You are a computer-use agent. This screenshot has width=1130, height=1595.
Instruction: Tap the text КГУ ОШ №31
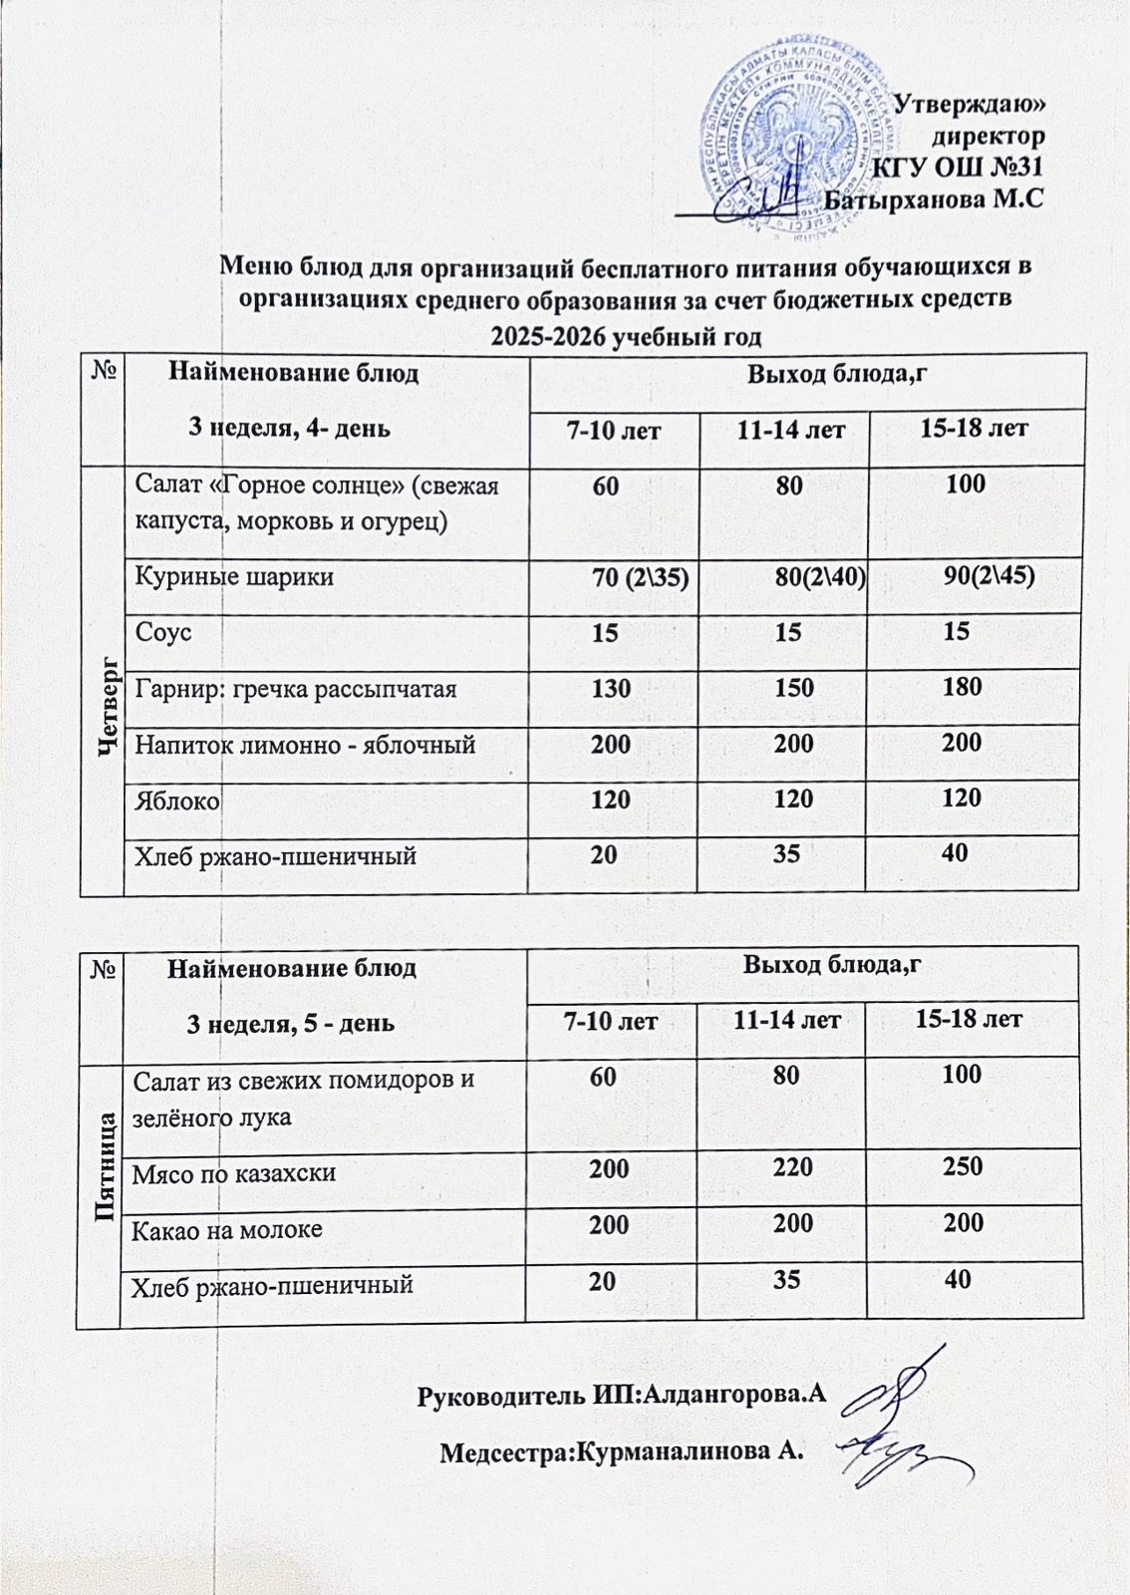click(x=958, y=166)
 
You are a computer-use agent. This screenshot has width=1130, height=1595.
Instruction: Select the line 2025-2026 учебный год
click(x=627, y=336)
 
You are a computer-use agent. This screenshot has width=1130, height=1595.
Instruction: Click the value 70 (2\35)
click(x=641, y=576)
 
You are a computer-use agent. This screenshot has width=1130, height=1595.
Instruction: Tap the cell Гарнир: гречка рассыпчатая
click(x=296, y=688)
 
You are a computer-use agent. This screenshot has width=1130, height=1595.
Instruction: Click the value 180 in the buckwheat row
click(x=962, y=686)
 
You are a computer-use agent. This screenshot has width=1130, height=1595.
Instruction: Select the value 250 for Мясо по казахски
click(x=963, y=1167)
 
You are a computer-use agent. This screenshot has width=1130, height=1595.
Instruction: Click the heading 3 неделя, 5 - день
click(x=292, y=1023)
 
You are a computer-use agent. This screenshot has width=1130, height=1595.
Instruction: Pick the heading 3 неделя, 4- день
click(x=290, y=429)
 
